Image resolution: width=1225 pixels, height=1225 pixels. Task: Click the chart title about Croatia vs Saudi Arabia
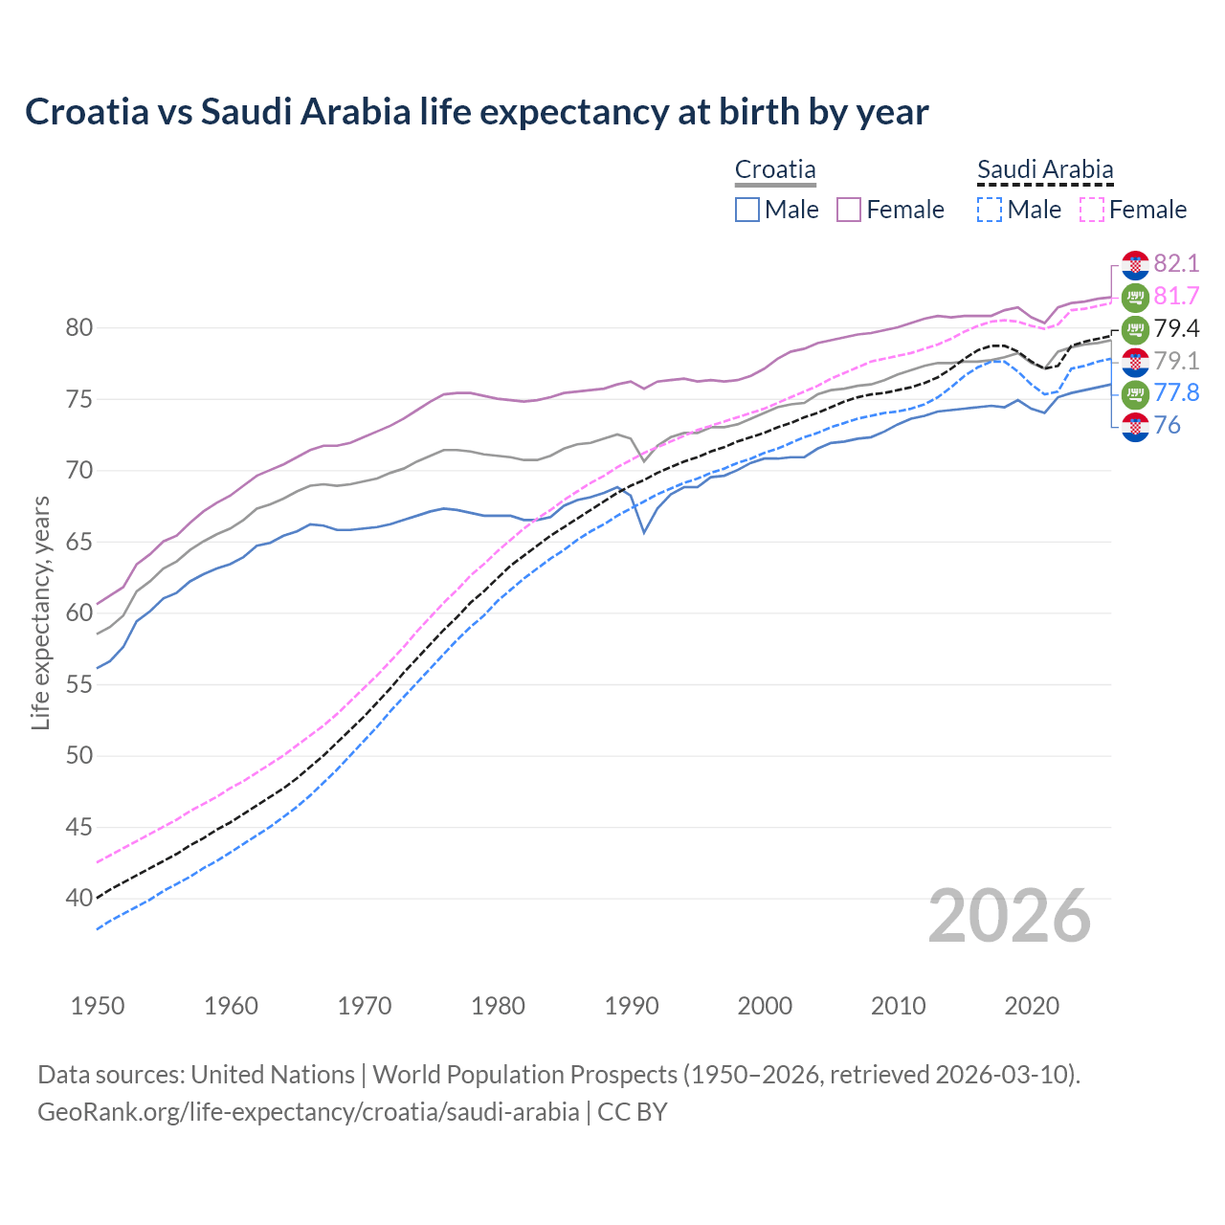pos(477,112)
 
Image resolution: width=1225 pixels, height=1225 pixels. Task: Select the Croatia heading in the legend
pos(775,169)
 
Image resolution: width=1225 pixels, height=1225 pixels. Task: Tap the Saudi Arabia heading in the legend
pos(1045,169)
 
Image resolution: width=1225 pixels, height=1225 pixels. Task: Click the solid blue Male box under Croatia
pos(747,210)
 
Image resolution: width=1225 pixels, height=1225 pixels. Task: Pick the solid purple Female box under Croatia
pos(850,210)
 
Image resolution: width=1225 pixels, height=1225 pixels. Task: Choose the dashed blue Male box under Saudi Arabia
pos(991,210)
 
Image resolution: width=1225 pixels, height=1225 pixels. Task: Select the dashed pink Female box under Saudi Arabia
pos(1092,210)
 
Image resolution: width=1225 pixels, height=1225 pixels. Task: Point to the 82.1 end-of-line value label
pos(1176,263)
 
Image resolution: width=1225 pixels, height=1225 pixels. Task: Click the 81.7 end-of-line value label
pos(1176,296)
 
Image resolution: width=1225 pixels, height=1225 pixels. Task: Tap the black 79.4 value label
pos(1176,328)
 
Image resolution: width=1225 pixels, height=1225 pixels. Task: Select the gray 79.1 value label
pos(1176,361)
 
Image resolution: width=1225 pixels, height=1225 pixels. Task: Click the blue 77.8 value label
pos(1176,392)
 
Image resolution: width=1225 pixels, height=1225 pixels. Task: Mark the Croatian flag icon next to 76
pos(1135,426)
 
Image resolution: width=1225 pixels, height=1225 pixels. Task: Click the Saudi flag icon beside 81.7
pos(1135,297)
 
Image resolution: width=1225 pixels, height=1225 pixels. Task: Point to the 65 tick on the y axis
pos(79,542)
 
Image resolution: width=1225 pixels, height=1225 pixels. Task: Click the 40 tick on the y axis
pos(79,899)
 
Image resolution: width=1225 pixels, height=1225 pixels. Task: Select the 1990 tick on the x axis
pos(632,1006)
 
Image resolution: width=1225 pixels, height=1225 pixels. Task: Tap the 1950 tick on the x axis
pos(98,1006)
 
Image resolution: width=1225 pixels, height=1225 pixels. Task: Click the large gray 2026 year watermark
pos(1009,916)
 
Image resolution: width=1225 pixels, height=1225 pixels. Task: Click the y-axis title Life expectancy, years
pos(40,612)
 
